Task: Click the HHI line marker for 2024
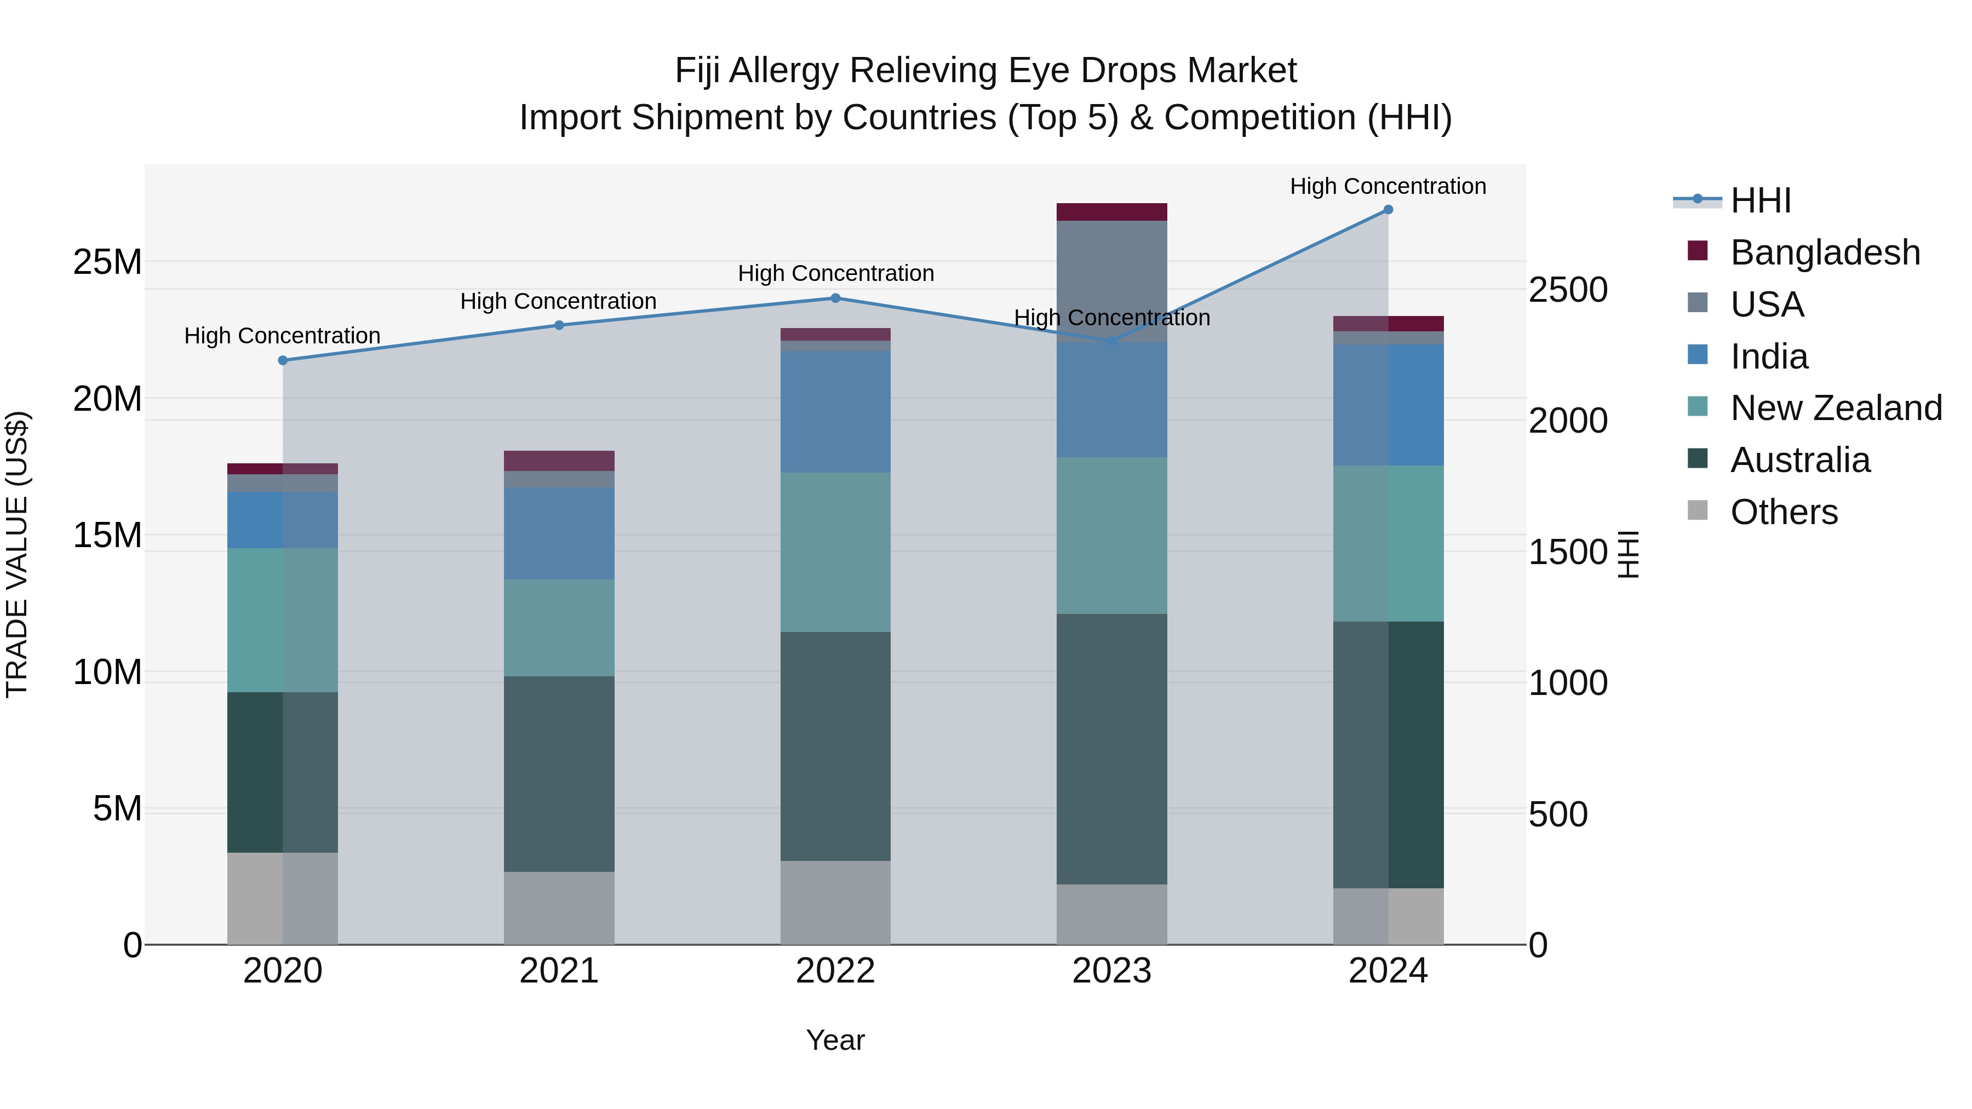(x=1388, y=210)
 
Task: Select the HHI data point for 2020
(x=283, y=360)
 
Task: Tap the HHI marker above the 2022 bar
(x=835, y=298)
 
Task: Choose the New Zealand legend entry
(x=1836, y=408)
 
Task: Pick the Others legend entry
(x=1784, y=512)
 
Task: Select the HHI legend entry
(x=1761, y=200)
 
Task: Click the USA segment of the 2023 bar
(x=1111, y=280)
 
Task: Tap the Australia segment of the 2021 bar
(x=559, y=773)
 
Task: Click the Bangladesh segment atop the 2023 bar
(x=1111, y=212)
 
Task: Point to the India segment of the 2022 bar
(x=835, y=412)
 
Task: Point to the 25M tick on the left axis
(x=107, y=262)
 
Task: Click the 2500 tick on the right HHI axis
(x=1568, y=290)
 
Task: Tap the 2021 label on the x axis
(x=559, y=971)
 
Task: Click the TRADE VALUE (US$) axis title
(x=17, y=554)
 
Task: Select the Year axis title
(x=835, y=1040)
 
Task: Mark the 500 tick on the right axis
(x=1558, y=814)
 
